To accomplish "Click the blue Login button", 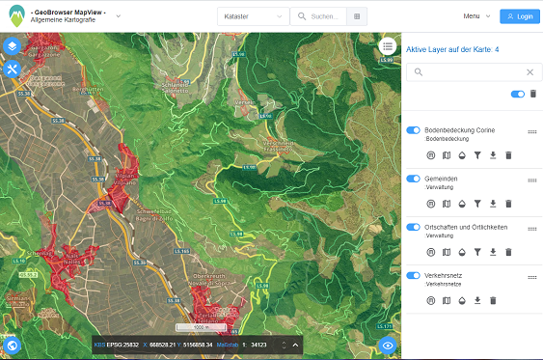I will point(520,16).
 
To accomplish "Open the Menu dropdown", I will point(475,16).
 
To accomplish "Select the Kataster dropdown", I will point(255,16).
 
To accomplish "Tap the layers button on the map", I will point(13,46).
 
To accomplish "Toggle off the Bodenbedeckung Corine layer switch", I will point(413,130).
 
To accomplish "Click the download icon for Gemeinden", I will point(493,204).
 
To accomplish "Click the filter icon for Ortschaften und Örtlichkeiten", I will point(477,252).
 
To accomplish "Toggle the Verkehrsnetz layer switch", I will point(413,275).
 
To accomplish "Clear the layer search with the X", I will point(529,71).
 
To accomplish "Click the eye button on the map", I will point(388,345).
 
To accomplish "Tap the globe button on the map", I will point(13,345).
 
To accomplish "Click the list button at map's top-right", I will point(388,45).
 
